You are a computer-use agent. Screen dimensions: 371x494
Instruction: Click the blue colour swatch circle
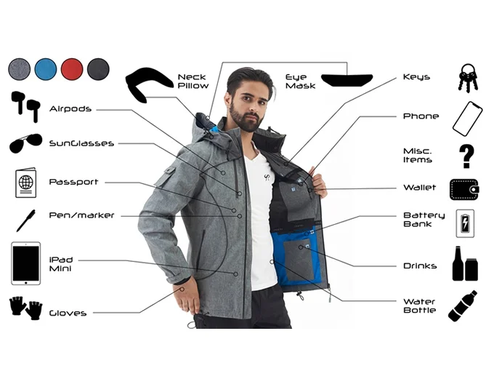point(46,70)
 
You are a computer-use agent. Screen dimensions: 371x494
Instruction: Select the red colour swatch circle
point(72,70)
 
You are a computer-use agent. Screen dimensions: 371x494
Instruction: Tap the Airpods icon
point(25,106)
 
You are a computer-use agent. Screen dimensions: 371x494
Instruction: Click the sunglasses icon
point(25,144)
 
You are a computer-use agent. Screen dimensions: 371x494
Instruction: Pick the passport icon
point(25,182)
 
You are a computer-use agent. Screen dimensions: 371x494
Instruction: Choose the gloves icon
point(25,307)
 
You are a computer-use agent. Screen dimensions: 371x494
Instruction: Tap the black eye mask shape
point(347,79)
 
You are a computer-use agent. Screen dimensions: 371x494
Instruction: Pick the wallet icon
point(465,188)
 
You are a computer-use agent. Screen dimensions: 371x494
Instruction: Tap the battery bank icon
point(465,223)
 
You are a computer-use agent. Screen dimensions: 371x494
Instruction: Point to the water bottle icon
point(462,306)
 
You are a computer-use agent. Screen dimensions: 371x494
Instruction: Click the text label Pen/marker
point(81,215)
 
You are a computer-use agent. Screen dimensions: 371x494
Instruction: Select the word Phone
point(421,116)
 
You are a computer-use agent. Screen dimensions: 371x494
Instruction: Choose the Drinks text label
point(420,266)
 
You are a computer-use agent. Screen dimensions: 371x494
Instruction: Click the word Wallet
point(419,188)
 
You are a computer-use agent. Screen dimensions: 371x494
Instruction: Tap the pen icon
point(25,219)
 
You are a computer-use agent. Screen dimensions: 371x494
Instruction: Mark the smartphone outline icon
point(466,118)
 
